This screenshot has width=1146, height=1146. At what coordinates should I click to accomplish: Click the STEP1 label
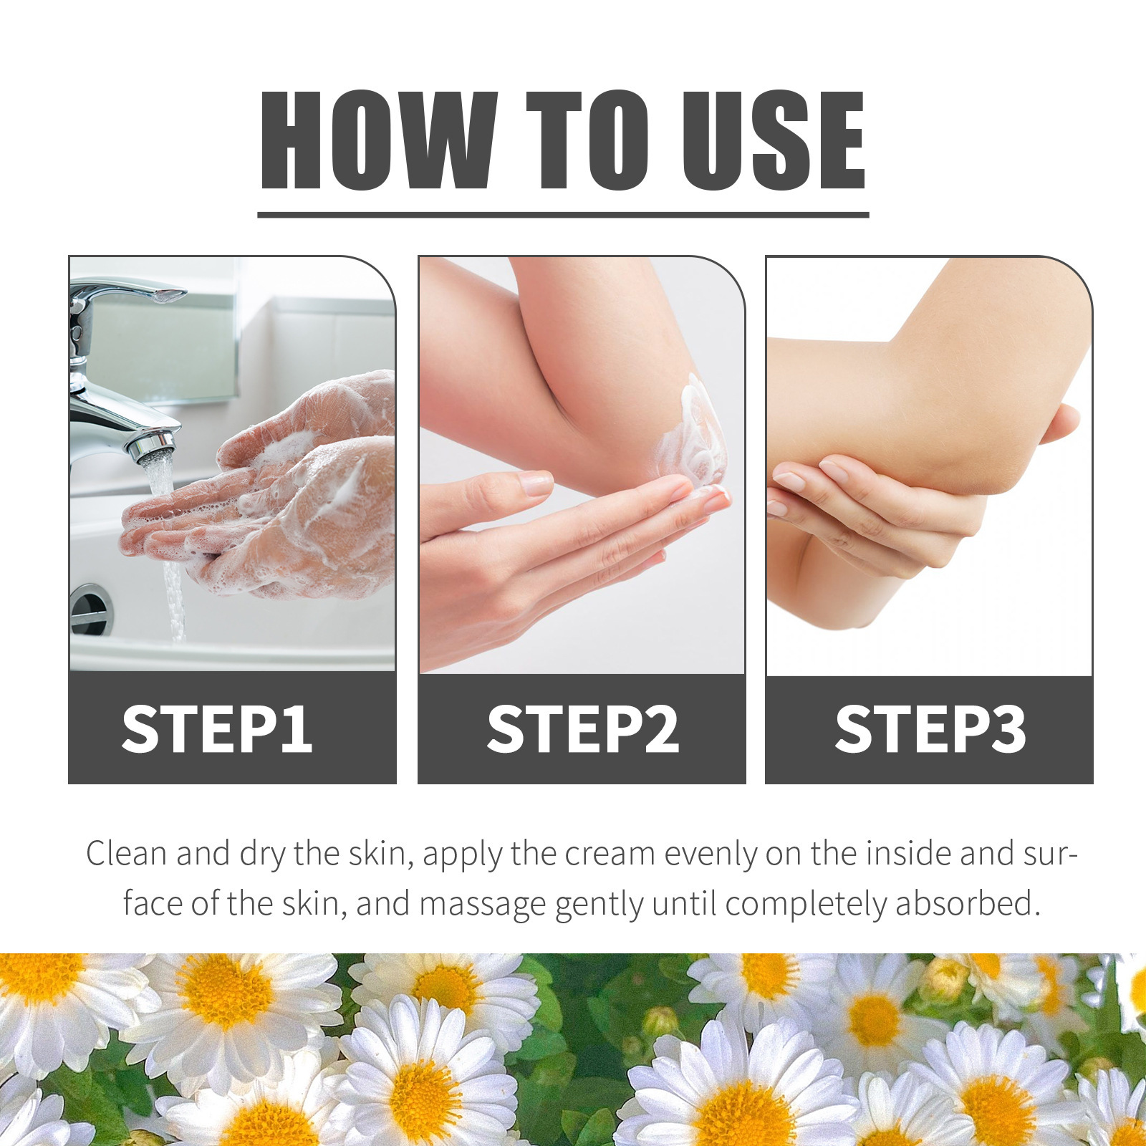[x=217, y=729]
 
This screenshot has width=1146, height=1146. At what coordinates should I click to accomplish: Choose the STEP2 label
[x=582, y=729]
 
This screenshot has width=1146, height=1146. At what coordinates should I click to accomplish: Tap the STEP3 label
[x=930, y=729]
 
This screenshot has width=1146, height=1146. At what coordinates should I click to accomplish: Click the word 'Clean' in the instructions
[x=126, y=854]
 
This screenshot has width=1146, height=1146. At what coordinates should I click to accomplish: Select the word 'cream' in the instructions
[x=610, y=854]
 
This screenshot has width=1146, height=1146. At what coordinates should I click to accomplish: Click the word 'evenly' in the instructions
[x=710, y=854]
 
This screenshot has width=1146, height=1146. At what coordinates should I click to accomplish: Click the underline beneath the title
[x=563, y=214]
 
